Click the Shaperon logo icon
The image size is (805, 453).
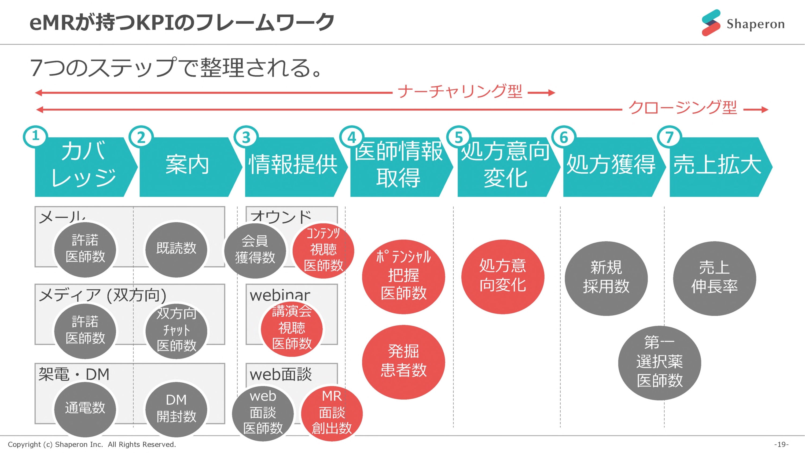[711, 23]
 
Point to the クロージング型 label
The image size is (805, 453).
[683, 108]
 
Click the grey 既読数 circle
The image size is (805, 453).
[176, 249]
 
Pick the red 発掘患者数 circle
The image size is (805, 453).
[403, 362]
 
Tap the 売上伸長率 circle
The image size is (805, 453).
[714, 278]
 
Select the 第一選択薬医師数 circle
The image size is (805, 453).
[659, 363]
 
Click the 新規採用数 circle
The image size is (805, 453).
[606, 278]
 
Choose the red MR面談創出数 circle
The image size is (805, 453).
[332, 413]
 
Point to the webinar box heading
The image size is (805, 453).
[280, 295]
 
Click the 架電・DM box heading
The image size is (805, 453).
[74, 374]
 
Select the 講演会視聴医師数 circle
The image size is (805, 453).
[292, 328]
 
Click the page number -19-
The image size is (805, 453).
[781, 444]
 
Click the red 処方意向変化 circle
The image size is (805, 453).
[502, 276]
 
